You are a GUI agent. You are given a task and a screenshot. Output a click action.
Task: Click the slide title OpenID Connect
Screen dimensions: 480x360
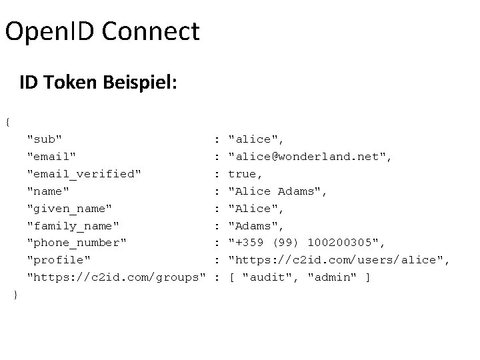click(x=102, y=31)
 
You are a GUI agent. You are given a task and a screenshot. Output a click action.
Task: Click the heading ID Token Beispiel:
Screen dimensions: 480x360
click(x=99, y=83)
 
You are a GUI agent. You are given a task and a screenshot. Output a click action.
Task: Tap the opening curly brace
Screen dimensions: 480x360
click(x=7, y=122)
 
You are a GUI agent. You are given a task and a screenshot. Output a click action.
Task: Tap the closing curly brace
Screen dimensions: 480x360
click(x=15, y=294)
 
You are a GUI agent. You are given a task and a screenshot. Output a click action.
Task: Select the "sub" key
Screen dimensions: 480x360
click(x=44, y=139)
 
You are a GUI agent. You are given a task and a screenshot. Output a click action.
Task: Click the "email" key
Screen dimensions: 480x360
click(x=51, y=157)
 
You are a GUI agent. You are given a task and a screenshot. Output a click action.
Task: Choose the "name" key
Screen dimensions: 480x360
click(x=47, y=191)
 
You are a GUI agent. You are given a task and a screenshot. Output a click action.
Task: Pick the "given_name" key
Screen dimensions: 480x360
click(x=69, y=208)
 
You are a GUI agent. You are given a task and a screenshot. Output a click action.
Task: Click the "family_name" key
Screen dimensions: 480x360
click(x=73, y=225)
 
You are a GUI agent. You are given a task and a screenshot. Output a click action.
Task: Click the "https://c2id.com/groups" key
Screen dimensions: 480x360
click(x=115, y=277)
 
